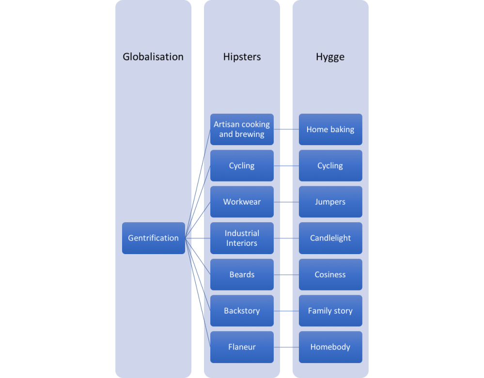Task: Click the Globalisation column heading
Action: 153,57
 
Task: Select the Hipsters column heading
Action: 242,57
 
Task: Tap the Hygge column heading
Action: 330,57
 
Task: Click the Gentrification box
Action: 153,238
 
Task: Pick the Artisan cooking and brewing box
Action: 242,129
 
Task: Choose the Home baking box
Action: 330,129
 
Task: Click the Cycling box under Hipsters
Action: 242,166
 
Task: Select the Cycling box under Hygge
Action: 330,166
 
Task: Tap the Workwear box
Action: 242,202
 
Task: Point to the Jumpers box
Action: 330,202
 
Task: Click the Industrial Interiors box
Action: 242,238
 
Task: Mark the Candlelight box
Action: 330,238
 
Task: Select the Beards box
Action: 242,274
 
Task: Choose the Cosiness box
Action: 330,274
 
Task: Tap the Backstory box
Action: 242,311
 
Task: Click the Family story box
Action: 330,311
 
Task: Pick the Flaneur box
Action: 242,347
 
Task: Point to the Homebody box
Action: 330,347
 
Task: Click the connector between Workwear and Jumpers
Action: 286,202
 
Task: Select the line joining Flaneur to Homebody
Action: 286,347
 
